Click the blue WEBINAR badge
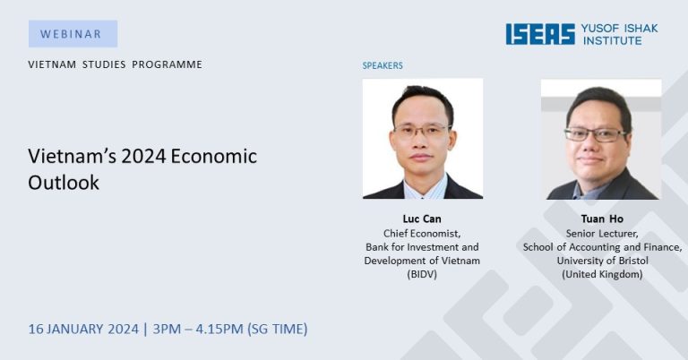point(73,34)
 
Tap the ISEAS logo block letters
point(540,34)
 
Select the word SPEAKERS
point(383,65)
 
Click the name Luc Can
point(422,219)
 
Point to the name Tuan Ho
point(602,219)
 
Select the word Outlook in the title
point(64,183)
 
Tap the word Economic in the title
point(214,157)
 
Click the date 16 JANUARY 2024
point(83,329)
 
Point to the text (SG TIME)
point(278,329)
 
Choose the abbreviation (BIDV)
point(422,275)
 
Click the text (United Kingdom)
point(602,275)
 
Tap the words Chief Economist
point(422,234)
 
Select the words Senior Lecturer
point(602,234)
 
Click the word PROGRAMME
point(168,64)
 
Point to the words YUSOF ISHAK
point(620,29)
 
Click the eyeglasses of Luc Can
point(422,130)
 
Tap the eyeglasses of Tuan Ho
point(596,134)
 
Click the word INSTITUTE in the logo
point(612,41)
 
